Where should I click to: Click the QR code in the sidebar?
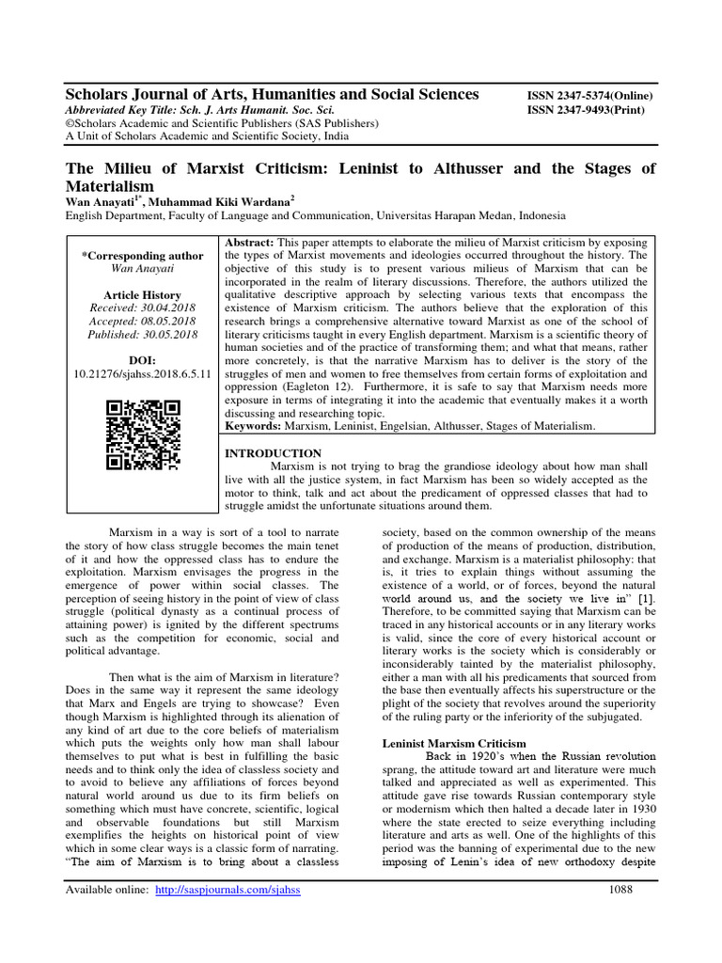coord(143,434)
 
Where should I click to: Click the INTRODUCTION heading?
coord(271,453)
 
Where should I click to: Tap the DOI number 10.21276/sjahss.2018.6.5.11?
coord(143,373)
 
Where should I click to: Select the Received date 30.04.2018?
coord(143,308)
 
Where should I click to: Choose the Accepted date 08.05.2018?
coord(143,321)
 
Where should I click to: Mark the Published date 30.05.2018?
coord(143,334)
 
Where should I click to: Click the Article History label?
coord(143,294)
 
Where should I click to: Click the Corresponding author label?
coord(143,255)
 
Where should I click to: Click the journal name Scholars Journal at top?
coord(271,94)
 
